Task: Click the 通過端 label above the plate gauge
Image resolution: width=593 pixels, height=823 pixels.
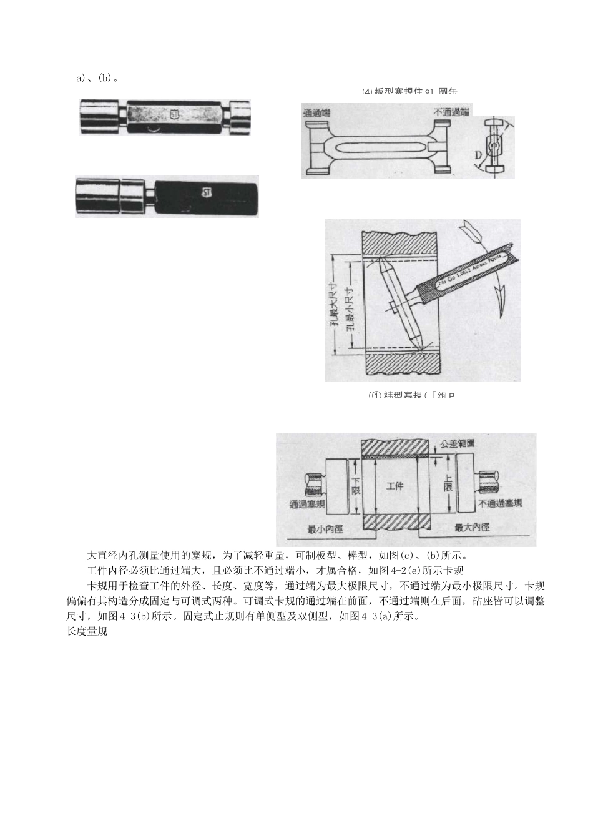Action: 317,112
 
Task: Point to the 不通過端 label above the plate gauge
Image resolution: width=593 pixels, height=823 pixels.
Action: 451,112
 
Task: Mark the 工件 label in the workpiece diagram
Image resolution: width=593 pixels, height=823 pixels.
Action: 395,485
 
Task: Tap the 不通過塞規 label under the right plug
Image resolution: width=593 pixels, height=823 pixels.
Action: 499,503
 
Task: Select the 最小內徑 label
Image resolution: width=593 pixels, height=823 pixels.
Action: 325,529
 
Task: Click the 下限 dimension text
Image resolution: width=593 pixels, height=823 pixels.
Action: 356,486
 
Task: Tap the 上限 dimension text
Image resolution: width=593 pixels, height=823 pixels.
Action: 448,481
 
